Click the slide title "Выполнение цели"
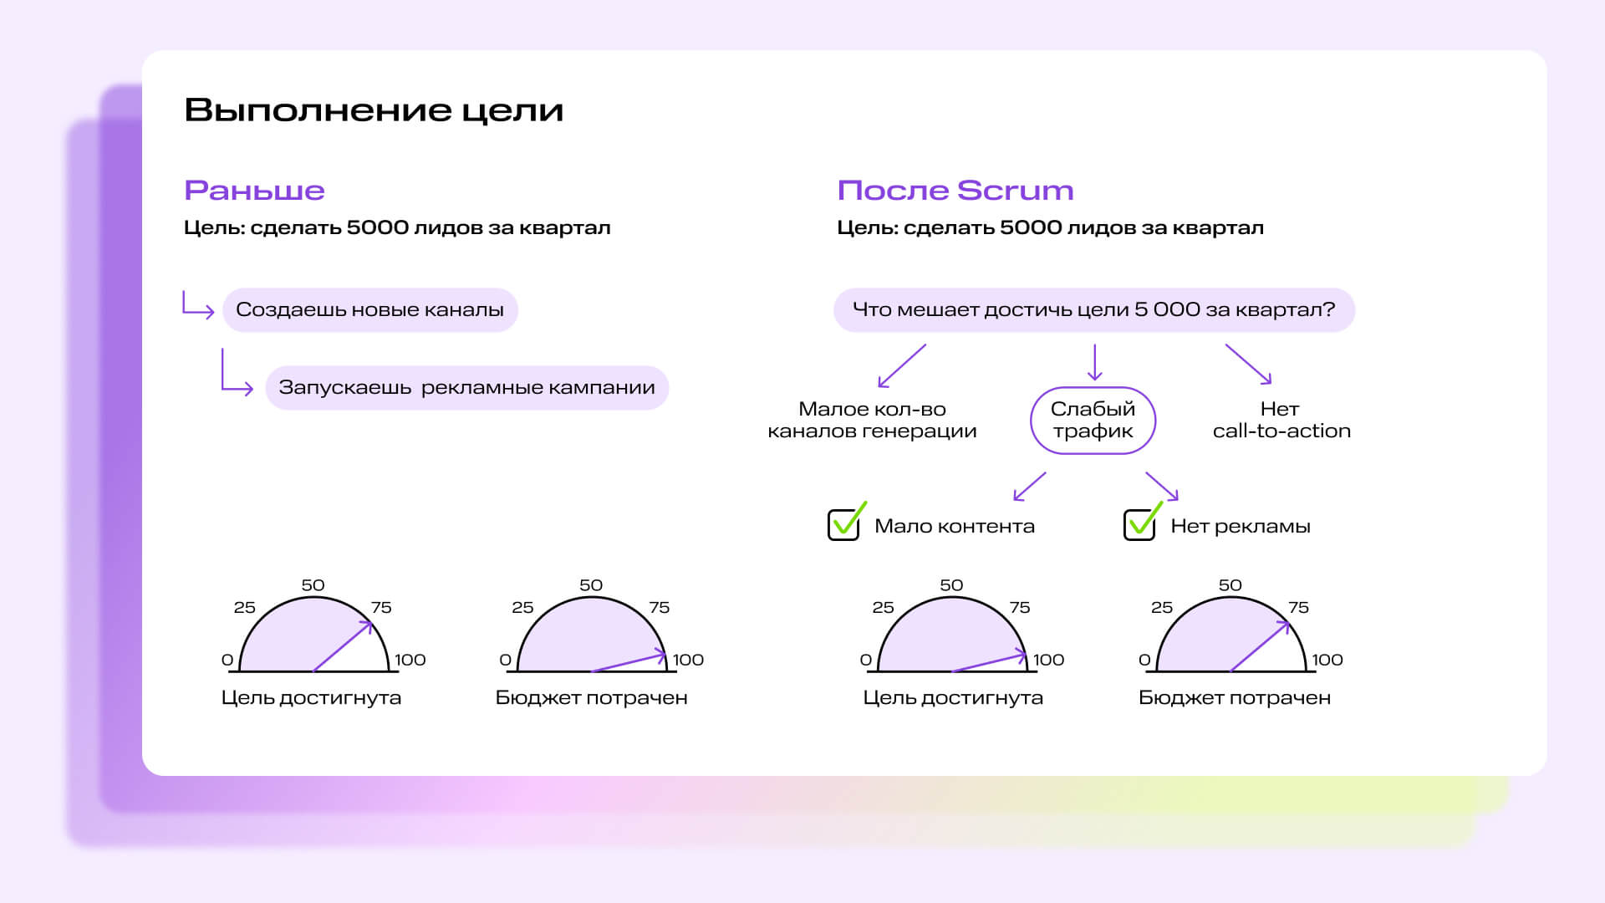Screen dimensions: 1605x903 click(374, 110)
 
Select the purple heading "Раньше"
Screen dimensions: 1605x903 click(254, 191)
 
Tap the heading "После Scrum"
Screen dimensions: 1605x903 click(955, 191)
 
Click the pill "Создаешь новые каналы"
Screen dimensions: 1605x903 click(370, 310)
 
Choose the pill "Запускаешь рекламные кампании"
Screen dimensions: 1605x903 click(466, 388)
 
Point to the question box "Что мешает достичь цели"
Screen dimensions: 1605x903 click(1094, 310)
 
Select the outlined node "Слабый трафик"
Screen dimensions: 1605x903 click(1093, 421)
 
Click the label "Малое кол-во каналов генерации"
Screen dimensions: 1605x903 click(872, 420)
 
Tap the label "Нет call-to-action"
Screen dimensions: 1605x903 click(1281, 420)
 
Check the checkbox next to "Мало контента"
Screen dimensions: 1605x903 click(843, 525)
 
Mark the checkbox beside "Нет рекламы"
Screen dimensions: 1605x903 click(1139, 525)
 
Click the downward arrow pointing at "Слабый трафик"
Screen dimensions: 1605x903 click(1094, 362)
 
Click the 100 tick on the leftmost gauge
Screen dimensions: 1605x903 click(410, 660)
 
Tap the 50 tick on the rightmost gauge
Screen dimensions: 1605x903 click(1230, 585)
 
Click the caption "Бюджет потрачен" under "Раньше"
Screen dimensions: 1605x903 click(591, 697)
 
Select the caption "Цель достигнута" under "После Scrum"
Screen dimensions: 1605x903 click(953, 697)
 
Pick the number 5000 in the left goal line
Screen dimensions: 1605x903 click(378, 227)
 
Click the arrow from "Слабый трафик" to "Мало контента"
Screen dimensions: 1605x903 click(1030, 487)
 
